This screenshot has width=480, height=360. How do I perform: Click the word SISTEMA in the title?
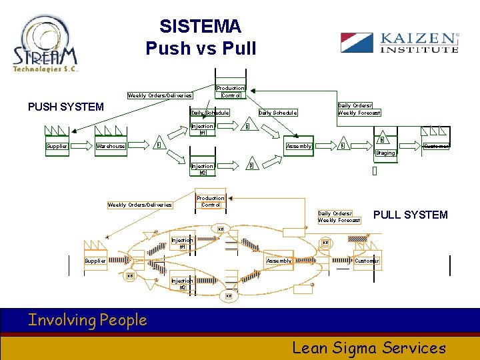(x=200, y=27)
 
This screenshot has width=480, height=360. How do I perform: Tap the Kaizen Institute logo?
(x=399, y=43)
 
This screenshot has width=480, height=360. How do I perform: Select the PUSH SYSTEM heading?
(x=65, y=107)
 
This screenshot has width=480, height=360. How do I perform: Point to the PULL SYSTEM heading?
(x=410, y=215)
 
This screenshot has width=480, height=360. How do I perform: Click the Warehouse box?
(x=111, y=146)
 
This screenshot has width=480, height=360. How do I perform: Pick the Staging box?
(x=385, y=153)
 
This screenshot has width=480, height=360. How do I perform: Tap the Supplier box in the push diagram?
(x=57, y=146)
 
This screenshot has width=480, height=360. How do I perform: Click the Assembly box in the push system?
(x=299, y=146)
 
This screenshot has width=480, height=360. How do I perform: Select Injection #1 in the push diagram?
(x=202, y=129)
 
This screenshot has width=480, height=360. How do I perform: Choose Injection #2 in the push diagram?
(x=202, y=169)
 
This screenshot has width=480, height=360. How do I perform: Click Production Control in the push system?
(x=231, y=91)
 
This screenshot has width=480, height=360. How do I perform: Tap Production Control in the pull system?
(x=210, y=201)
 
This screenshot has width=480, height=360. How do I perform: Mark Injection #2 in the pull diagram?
(x=182, y=284)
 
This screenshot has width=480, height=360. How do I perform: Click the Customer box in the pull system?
(x=367, y=261)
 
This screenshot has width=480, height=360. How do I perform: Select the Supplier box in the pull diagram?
(x=95, y=261)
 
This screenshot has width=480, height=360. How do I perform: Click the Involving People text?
(x=87, y=320)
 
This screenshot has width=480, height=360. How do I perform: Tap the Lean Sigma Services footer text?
(x=369, y=347)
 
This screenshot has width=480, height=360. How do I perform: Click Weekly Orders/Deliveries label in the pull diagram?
(x=140, y=205)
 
